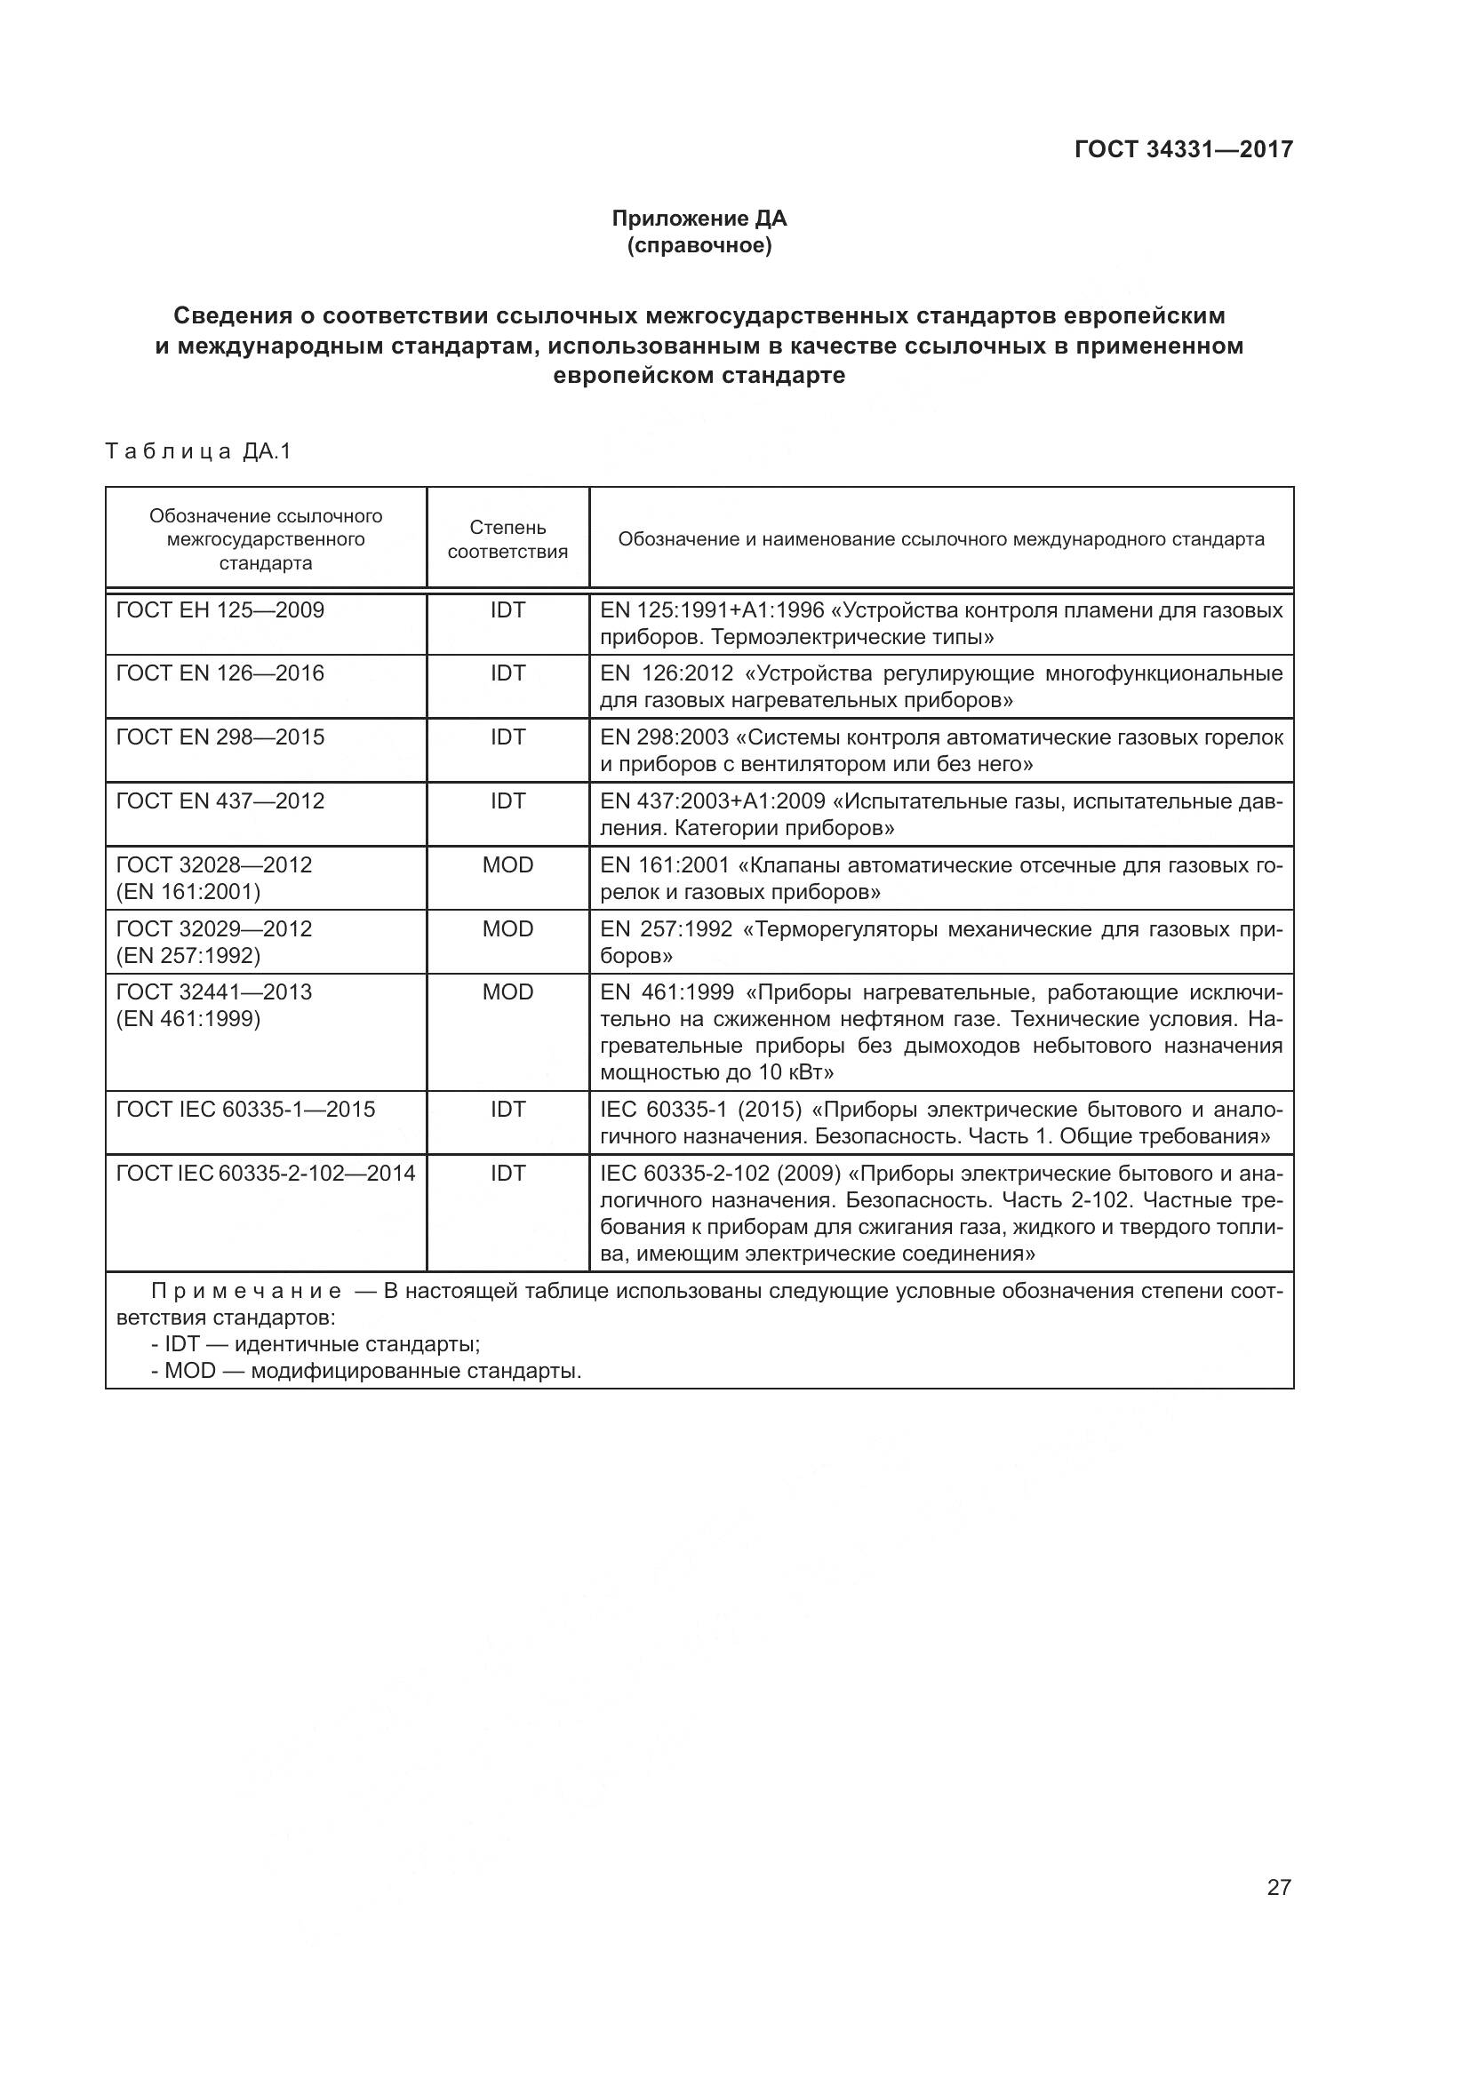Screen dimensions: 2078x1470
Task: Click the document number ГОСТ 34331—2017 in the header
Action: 1183,149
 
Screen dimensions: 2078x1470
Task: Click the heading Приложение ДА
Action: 699,219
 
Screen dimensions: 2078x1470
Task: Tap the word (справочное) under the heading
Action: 699,245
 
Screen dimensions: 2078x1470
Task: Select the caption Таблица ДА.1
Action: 198,450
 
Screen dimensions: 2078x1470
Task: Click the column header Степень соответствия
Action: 507,539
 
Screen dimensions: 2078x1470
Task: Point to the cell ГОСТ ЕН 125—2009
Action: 220,610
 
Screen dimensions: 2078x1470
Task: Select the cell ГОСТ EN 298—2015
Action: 220,736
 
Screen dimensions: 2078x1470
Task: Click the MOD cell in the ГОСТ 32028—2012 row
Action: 507,864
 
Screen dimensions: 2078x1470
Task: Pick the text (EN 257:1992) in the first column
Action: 188,955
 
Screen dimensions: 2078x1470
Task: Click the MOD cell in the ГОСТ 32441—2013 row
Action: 507,992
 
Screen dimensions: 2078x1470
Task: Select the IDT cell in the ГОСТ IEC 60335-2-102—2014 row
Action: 507,1173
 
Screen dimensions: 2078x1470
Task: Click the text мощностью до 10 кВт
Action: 716,1072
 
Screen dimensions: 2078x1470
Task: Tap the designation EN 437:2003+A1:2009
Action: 713,801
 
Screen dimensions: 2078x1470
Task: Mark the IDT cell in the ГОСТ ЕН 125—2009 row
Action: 507,610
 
